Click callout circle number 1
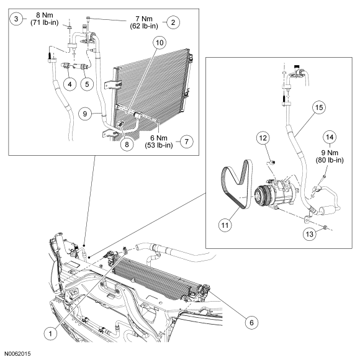pos(50,333)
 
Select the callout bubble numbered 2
pos(173,22)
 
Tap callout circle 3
pos(16,19)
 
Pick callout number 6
pos(251,323)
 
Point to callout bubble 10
pos(160,42)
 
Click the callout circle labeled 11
pos(225,225)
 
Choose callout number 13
pos(310,234)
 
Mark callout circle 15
pos(319,107)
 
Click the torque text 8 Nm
pos(45,15)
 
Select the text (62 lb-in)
pos(144,26)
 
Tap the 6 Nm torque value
pos(159,138)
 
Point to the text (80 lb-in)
pos(330,160)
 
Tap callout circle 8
pos(127,144)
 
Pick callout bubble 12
pos(263,138)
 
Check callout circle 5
pos(87,84)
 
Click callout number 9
pos(85,114)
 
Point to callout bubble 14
pos(330,137)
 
